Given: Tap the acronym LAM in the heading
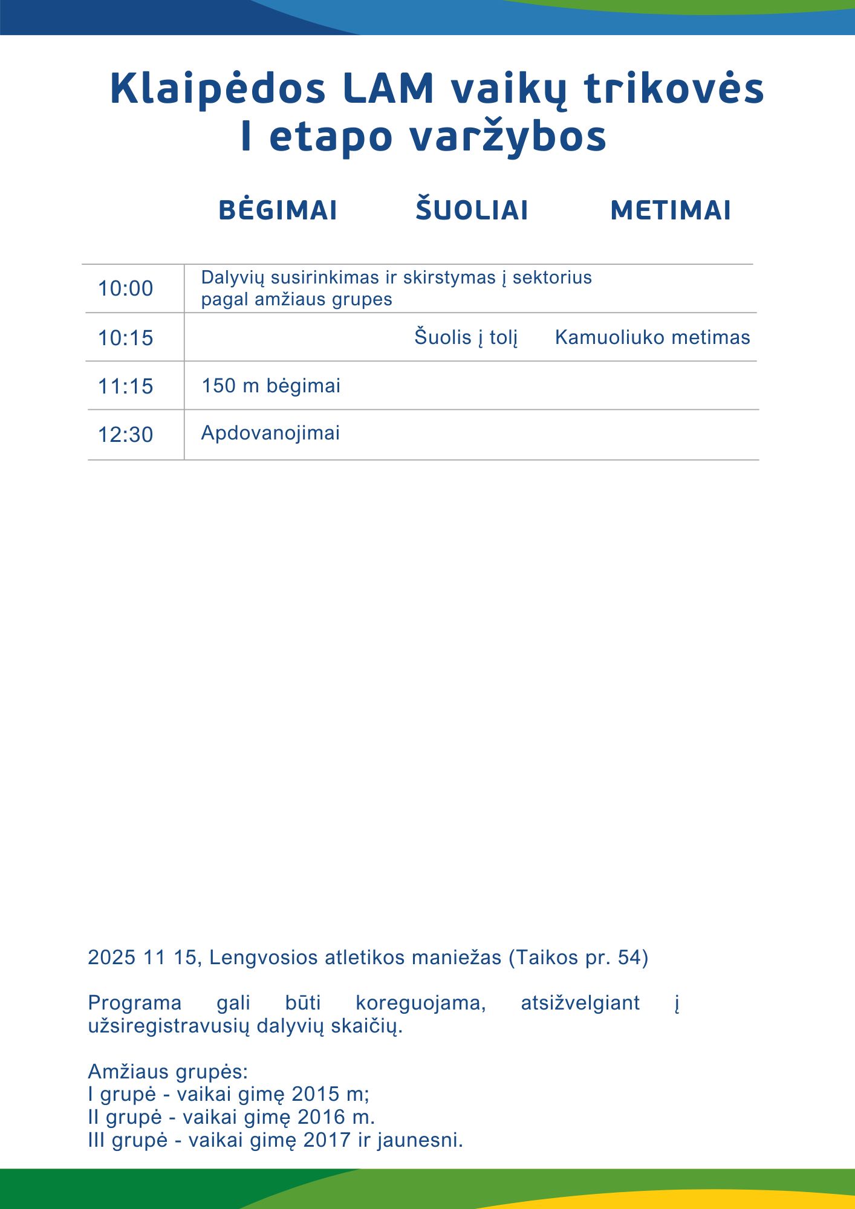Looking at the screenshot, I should click(388, 88).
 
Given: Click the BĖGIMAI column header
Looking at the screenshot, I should click(278, 210).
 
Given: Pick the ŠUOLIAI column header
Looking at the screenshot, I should click(472, 210).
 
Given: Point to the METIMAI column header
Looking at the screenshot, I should click(671, 210).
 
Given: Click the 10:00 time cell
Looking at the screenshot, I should click(126, 289).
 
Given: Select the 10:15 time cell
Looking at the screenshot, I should click(126, 338).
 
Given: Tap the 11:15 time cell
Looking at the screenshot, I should click(126, 386).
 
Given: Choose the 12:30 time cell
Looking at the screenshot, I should click(126, 435).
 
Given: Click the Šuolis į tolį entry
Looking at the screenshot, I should click(466, 337).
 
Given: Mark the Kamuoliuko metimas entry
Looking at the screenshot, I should click(652, 337).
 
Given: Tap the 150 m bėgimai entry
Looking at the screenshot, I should click(271, 386).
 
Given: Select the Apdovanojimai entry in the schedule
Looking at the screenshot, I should click(270, 433).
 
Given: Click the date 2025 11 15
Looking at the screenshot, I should click(143, 958).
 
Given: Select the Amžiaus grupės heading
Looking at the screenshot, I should click(168, 1072).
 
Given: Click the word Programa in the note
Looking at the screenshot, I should click(134, 1003).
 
